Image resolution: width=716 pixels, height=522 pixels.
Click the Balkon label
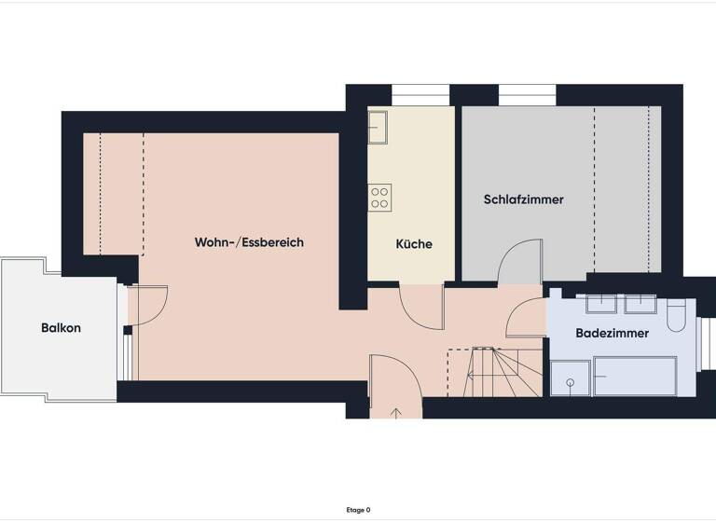tap(61, 328)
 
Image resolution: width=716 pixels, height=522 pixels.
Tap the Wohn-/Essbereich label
tap(249, 242)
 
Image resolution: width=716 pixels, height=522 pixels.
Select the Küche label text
tap(414, 244)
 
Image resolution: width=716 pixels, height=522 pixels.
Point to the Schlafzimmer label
tap(523, 199)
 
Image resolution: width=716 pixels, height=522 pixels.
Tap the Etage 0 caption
tap(357, 510)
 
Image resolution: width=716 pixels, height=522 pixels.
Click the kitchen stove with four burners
tap(379, 197)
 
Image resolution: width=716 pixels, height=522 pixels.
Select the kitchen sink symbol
tap(378, 127)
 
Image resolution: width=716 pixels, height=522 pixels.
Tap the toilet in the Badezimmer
tap(677, 315)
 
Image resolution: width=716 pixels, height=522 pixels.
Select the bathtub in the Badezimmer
tap(635, 376)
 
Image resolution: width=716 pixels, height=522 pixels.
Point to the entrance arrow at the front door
tap(395, 411)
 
